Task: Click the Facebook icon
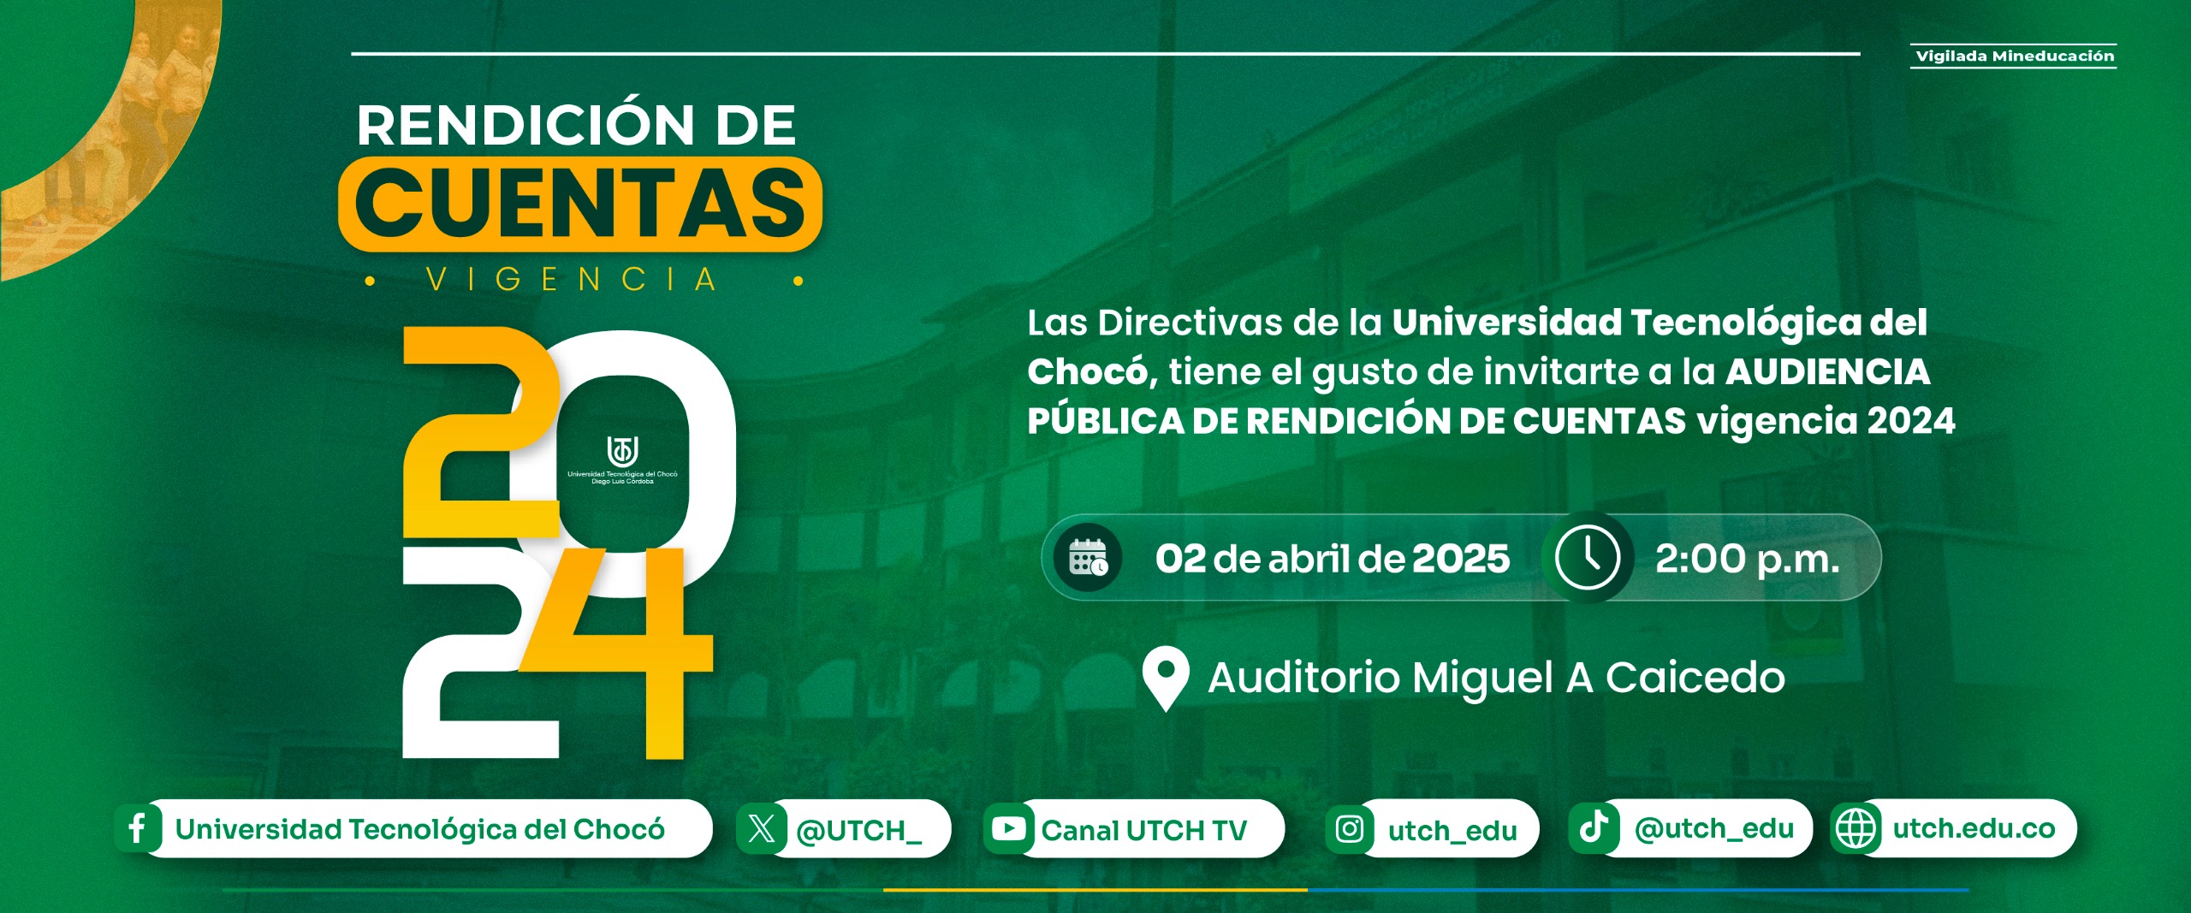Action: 137,828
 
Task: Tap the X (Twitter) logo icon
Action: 761,828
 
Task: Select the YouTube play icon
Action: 1008,828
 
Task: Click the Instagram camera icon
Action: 1350,828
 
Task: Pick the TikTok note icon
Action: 1593,827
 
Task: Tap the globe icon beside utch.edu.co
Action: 1856,828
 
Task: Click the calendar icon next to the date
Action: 1088,558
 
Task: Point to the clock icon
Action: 1587,558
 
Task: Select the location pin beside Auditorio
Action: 1166,678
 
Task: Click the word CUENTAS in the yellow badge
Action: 580,204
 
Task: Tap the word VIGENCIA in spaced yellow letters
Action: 572,280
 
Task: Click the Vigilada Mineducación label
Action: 2014,56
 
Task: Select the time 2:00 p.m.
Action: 1747,560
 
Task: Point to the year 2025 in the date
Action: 1460,559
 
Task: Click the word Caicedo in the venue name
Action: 1695,678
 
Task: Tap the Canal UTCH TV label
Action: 1144,830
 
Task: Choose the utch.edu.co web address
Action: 1974,828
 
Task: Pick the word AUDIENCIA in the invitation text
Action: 1827,371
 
